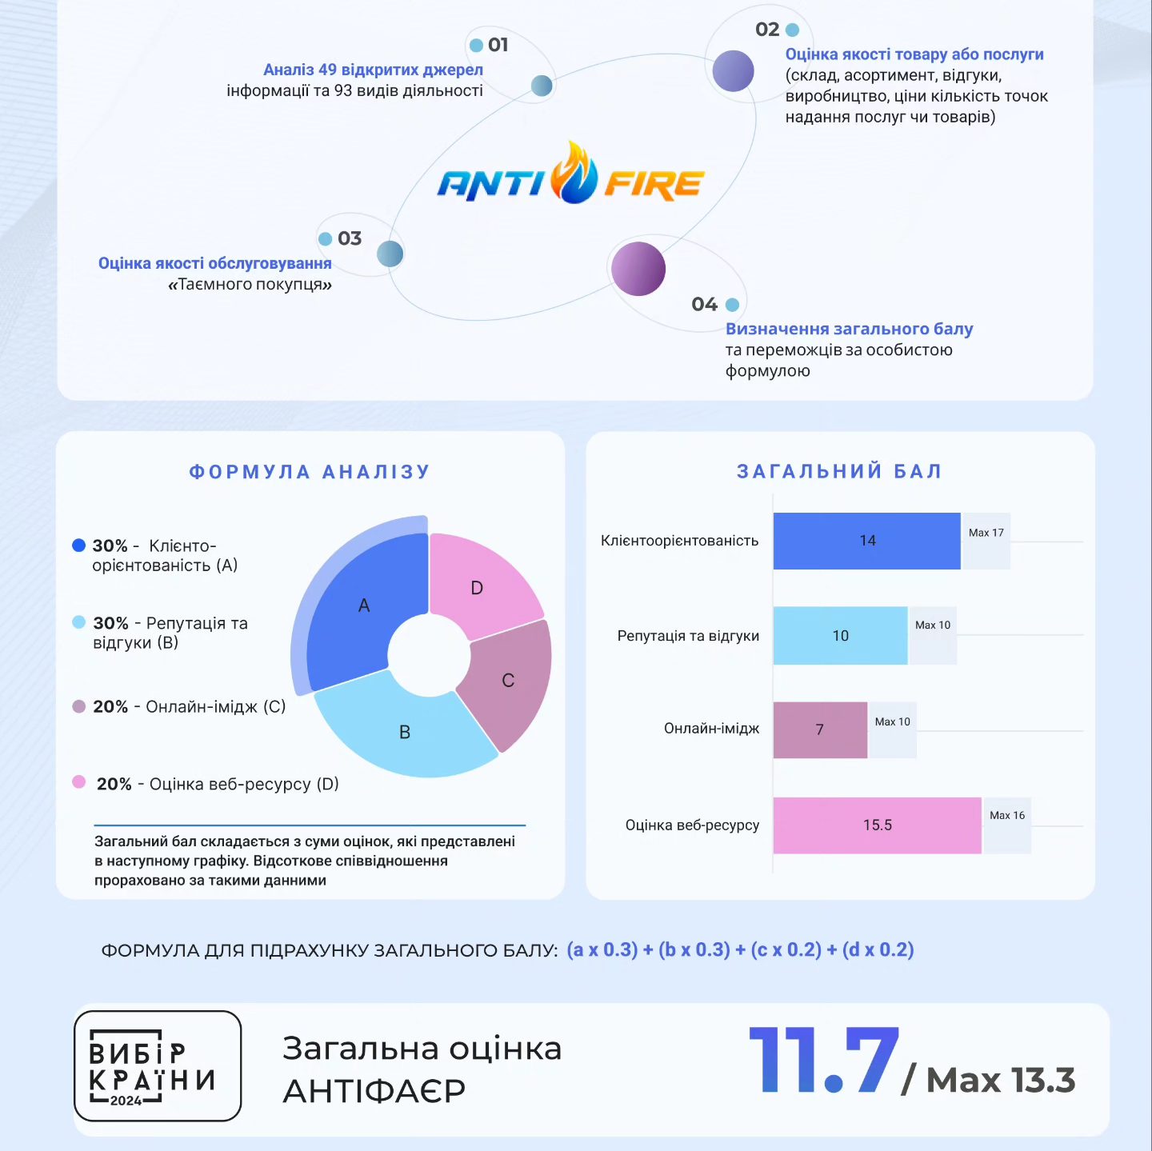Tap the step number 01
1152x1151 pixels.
click(498, 45)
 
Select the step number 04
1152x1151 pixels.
click(704, 305)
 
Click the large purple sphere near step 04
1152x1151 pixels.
click(638, 269)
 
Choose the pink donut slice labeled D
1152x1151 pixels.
click(480, 584)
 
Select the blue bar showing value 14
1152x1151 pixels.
click(866, 541)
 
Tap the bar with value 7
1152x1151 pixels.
click(820, 729)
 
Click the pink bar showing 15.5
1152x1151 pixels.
click(877, 825)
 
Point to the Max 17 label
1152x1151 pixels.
click(986, 533)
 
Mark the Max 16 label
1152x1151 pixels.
click(1006, 815)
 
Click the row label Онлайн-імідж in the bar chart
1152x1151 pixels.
click(711, 729)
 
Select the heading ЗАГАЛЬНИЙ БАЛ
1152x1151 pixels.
click(839, 471)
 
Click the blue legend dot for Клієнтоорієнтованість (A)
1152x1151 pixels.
click(78, 546)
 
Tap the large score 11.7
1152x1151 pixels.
click(824, 1061)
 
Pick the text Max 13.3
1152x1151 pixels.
click(1000, 1081)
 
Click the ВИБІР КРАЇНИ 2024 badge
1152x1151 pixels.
click(158, 1065)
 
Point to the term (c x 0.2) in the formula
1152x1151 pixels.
click(786, 949)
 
